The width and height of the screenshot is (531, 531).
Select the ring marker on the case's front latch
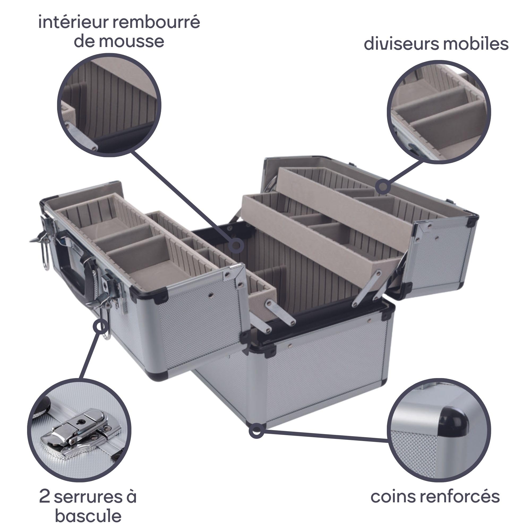[101, 327]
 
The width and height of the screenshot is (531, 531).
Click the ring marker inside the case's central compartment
[236, 245]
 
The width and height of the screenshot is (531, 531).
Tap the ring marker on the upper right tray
[383, 187]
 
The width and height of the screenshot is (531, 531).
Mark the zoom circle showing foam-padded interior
[109, 105]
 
